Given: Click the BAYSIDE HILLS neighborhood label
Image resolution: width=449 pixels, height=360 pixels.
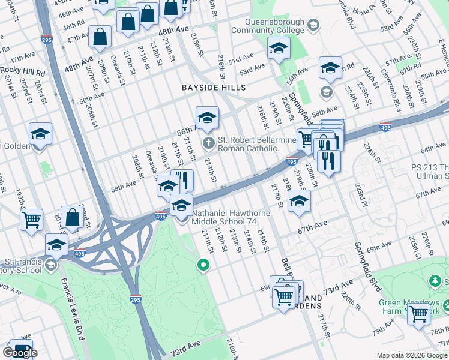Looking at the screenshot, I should pos(214,88).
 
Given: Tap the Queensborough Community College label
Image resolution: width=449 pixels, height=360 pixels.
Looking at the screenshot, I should pos(268,26).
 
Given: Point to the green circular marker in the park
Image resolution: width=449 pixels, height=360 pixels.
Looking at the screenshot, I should pos(204,264).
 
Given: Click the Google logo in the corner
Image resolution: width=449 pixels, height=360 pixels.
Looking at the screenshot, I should pos(20,353).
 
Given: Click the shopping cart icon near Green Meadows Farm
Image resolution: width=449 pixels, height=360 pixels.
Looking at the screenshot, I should pos(418,313).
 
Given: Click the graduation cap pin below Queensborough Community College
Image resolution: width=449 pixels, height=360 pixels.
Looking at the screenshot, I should pos(278,49).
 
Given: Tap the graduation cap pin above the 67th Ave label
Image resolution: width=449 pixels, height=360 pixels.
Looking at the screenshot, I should pos(299,202).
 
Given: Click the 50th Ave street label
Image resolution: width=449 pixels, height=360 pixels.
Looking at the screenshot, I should pos(91,98).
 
